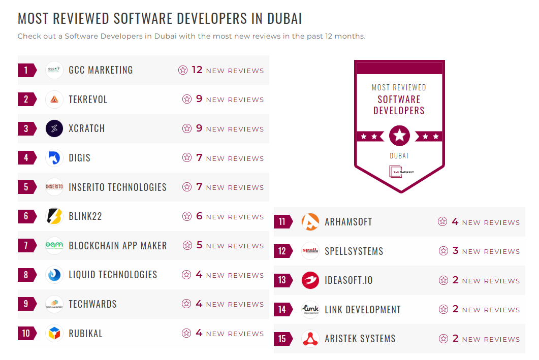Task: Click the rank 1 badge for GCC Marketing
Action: tap(26, 70)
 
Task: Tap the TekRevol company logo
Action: tap(54, 100)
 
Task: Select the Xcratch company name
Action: tap(87, 128)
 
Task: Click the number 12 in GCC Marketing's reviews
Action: tap(197, 70)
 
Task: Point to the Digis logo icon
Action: tap(54, 158)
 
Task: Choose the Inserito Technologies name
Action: tap(117, 187)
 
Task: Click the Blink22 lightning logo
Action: tap(54, 216)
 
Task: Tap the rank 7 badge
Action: tap(26, 246)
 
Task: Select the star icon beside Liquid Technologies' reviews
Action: tap(187, 275)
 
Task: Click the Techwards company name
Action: tap(92, 304)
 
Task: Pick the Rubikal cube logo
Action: tap(54, 334)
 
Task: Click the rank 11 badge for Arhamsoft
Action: tap(282, 222)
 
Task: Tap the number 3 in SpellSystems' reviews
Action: tap(455, 251)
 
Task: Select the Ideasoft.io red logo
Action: tap(310, 280)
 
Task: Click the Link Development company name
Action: tap(363, 310)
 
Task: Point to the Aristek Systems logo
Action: tap(310, 339)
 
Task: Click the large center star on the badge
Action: tap(399, 136)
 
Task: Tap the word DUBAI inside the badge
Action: tap(399, 156)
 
